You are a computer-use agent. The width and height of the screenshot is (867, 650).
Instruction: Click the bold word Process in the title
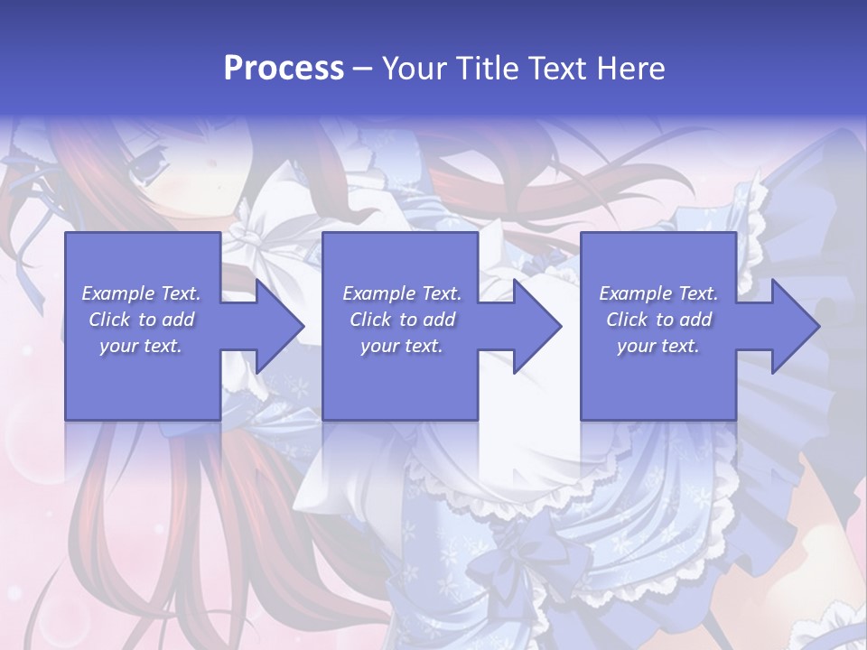[284, 69]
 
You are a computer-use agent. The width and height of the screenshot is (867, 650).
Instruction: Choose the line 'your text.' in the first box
[141, 346]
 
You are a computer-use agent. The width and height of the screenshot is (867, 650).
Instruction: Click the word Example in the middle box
[378, 293]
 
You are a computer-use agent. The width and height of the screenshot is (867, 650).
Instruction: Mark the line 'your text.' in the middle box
[402, 346]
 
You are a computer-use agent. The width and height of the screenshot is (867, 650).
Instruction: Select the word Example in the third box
[634, 293]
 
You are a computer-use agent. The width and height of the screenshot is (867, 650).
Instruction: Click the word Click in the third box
[627, 320]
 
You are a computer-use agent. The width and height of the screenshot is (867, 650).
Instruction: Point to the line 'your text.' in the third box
[658, 346]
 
